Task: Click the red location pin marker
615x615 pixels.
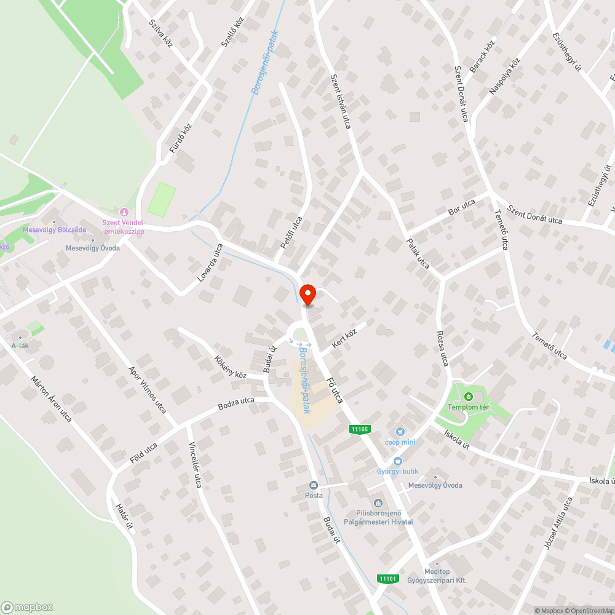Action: click(307, 295)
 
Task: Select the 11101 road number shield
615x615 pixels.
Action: click(389, 578)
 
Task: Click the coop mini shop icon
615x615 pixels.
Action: click(400, 432)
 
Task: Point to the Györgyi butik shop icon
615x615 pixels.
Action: click(397, 461)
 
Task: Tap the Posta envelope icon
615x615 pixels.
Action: click(314, 485)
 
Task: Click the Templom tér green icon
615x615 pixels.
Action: click(469, 397)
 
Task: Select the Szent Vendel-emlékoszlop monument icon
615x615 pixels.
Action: click(124, 212)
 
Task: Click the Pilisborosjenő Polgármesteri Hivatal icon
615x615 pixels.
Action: click(376, 502)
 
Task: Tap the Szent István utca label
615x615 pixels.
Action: click(340, 101)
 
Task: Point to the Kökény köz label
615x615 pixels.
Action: click(230, 367)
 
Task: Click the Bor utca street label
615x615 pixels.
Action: click(462, 207)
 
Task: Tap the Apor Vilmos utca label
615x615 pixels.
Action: click(146, 389)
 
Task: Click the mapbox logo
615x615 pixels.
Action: click(26, 606)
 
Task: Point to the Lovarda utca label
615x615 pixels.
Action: click(210, 263)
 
